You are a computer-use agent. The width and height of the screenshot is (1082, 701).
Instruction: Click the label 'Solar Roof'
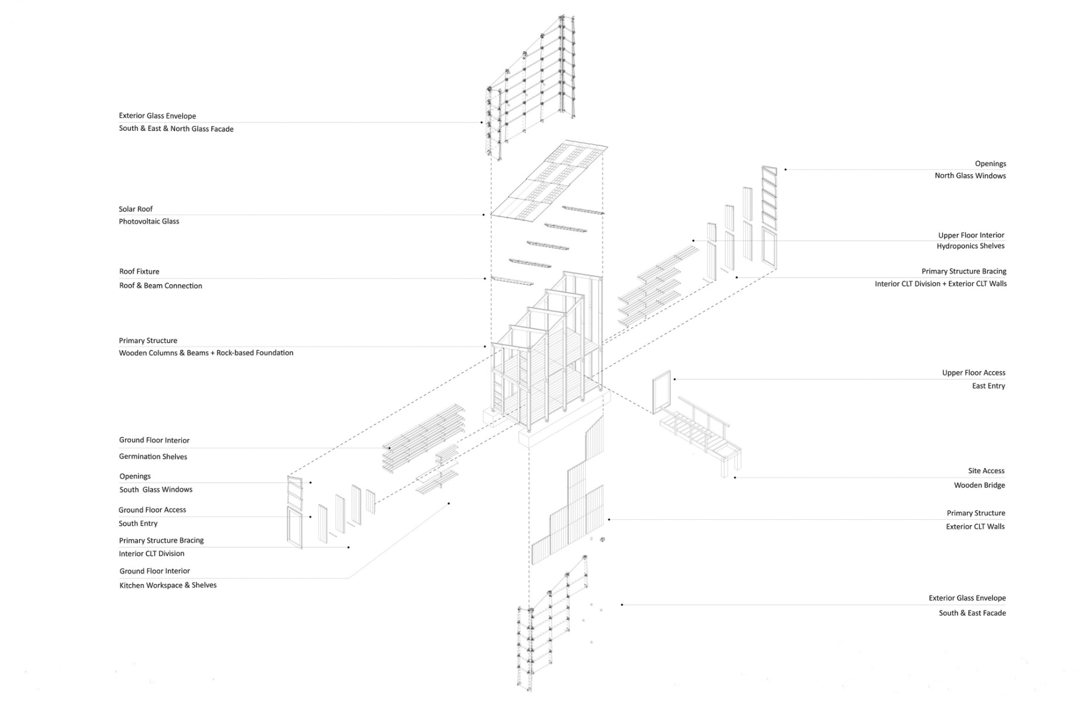click(136, 209)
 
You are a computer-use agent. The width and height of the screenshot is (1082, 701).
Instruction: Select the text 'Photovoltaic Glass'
click(148, 221)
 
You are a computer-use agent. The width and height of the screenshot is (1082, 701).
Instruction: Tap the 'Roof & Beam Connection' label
click(160, 286)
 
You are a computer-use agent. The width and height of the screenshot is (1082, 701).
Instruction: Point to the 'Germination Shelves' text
click(153, 457)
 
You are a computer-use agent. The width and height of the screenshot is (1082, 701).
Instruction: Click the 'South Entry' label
click(138, 523)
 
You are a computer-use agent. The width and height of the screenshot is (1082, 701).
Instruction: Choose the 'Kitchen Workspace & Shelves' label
click(168, 585)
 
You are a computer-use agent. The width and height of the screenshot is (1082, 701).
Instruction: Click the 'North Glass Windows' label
click(970, 176)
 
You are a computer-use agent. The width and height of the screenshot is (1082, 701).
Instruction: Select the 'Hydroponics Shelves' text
click(970, 246)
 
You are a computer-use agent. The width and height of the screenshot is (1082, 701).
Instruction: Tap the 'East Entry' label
click(988, 386)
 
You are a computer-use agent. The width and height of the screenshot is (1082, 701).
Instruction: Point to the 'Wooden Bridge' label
click(979, 485)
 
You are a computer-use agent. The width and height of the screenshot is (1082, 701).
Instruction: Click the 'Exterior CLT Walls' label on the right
click(975, 527)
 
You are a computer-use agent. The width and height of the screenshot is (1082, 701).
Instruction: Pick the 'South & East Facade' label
click(972, 613)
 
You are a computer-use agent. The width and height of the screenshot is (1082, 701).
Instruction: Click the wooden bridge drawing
click(699, 432)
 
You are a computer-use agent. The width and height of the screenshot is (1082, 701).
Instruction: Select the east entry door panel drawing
click(662, 391)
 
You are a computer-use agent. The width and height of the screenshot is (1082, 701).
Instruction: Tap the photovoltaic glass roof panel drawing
click(549, 181)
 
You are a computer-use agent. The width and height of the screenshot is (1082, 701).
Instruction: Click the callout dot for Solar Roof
click(483, 215)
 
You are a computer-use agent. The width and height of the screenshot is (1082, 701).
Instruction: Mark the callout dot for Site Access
click(735, 478)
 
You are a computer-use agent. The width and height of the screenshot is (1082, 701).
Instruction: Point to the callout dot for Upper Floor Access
click(675, 379)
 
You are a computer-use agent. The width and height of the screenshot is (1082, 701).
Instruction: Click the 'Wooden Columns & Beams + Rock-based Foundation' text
click(206, 353)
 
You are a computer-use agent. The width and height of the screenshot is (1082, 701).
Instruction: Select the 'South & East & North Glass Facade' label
click(176, 129)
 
